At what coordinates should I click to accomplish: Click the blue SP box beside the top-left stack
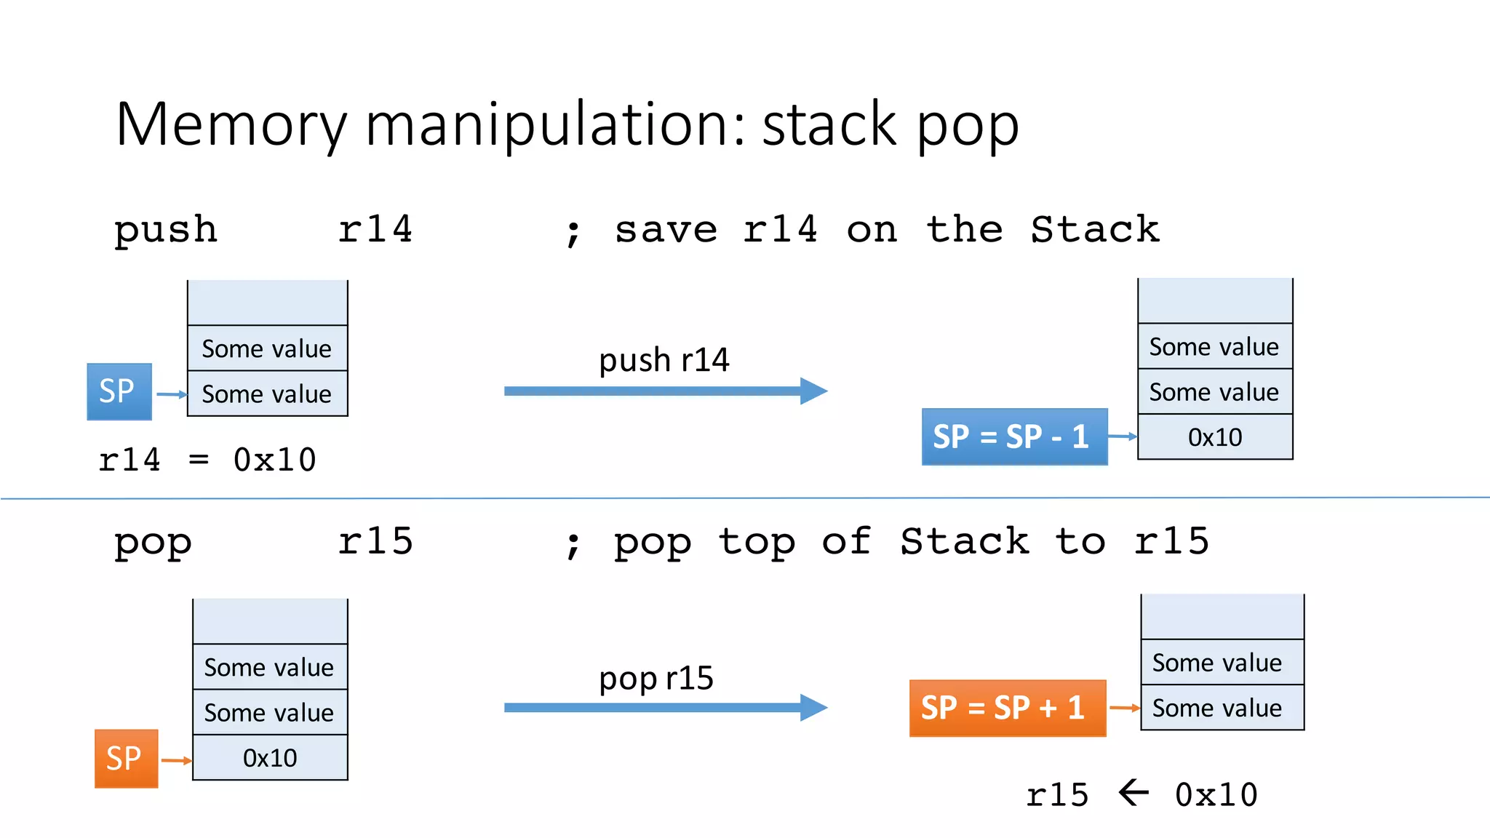click(119, 391)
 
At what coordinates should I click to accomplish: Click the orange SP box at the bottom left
click(126, 759)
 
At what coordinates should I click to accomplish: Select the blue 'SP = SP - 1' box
click(1013, 436)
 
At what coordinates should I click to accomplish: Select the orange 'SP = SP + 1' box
click(1007, 708)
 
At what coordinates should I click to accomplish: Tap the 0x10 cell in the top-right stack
click(1214, 437)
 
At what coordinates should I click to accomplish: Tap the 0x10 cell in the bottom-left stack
click(270, 758)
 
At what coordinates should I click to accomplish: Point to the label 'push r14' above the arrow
click(664, 360)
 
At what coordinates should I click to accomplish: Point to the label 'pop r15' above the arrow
click(656, 678)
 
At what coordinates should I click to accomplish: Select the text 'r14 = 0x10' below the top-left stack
click(207, 460)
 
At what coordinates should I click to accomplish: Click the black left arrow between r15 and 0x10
click(1133, 793)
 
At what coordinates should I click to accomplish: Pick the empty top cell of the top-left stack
click(267, 303)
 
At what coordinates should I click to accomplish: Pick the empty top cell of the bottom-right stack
click(1222, 617)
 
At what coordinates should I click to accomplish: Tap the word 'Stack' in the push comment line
click(1094, 230)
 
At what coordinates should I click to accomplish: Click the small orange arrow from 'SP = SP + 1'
click(1124, 708)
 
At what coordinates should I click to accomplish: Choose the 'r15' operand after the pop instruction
click(375, 541)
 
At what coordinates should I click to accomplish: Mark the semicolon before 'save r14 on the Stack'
click(573, 233)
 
